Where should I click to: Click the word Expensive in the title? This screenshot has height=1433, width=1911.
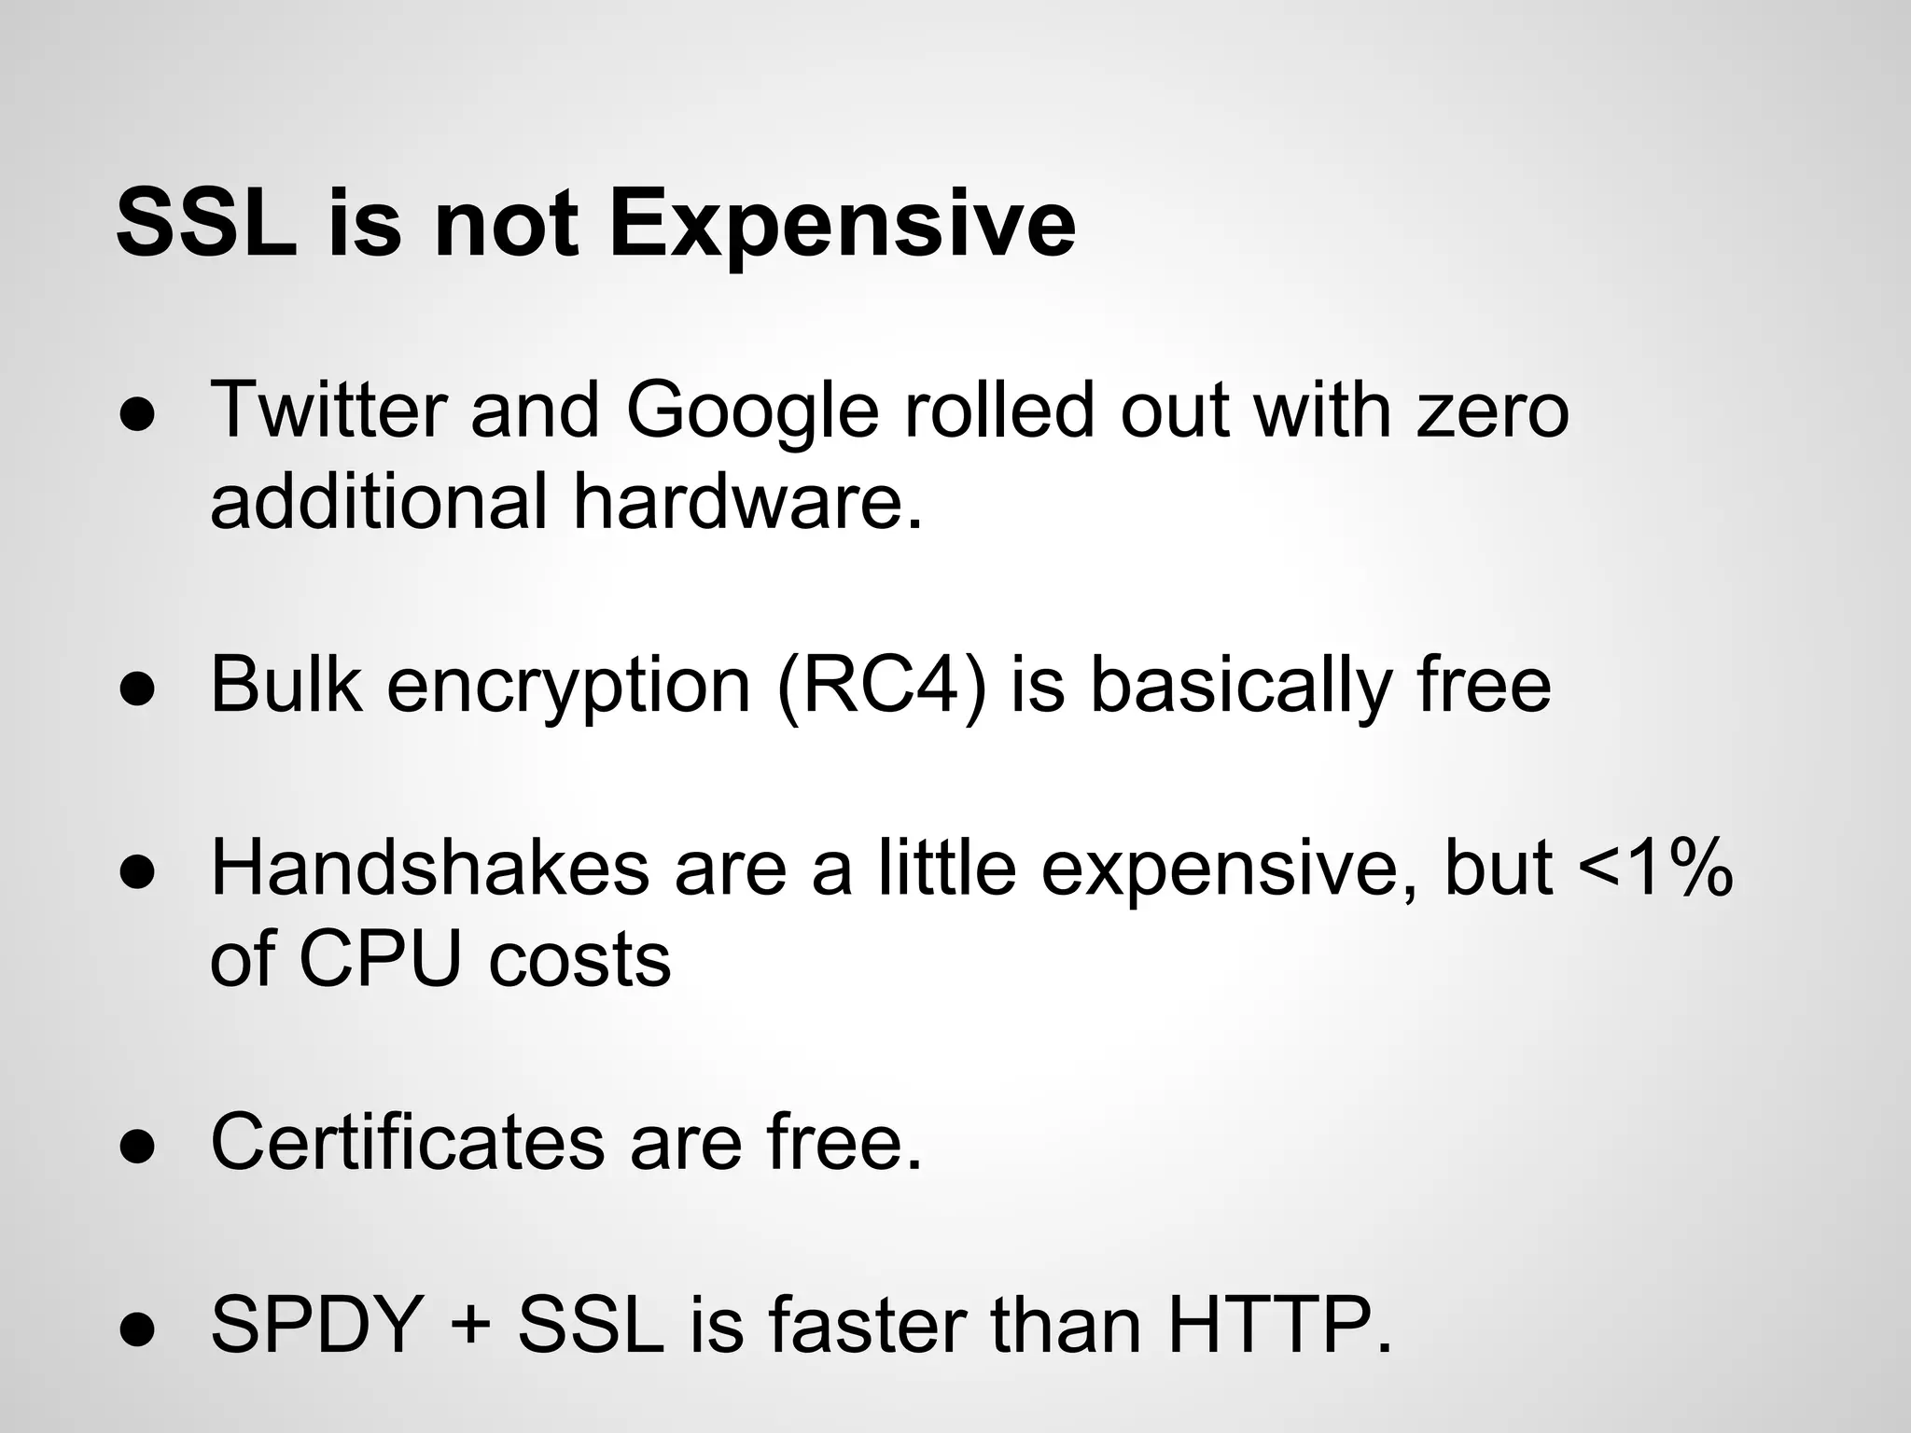[x=843, y=227]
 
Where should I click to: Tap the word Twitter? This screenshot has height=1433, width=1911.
[x=326, y=410]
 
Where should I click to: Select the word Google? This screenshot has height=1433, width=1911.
[x=752, y=412]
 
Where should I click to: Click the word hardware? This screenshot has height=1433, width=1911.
[x=746, y=502]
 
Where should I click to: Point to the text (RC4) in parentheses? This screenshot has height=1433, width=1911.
[x=880, y=687]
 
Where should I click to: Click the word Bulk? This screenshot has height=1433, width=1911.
[x=286, y=685]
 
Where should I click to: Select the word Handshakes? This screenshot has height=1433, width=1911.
[x=429, y=869]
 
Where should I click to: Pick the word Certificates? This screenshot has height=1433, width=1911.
[x=407, y=1142]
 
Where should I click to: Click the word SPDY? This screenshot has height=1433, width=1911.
[x=316, y=1326]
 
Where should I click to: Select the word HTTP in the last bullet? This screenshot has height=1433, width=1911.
[x=1278, y=1326]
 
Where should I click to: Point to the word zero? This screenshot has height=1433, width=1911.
[x=1492, y=412]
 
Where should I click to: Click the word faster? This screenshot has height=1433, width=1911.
[x=866, y=1326]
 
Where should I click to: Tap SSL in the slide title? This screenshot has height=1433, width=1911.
[x=206, y=227]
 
